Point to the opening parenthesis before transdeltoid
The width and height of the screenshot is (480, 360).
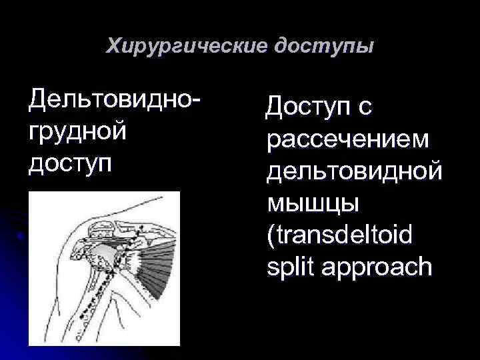tap(270, 235)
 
